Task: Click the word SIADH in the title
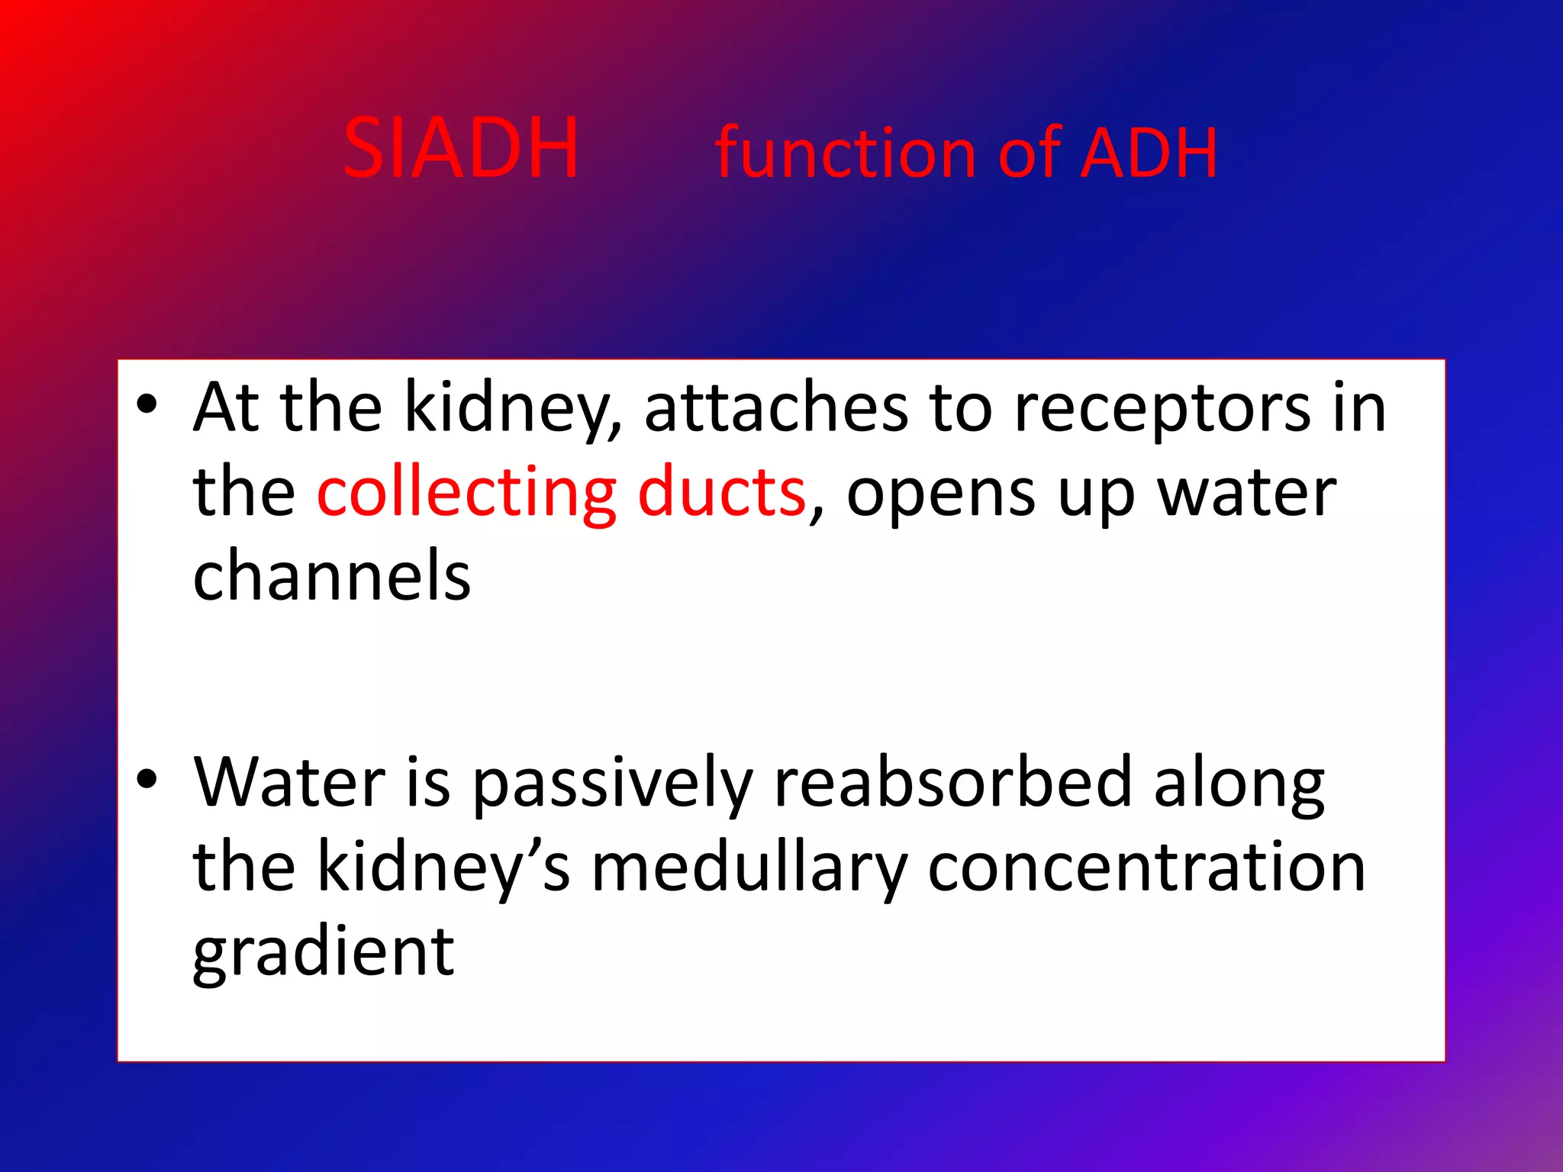coord(461,148)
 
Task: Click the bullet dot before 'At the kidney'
coord(147,404)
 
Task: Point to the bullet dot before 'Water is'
coord(147,779)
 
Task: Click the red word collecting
coord(466,492)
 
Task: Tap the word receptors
coord(1162,409)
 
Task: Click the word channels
coord(332,575)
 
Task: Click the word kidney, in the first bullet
coord(512,409)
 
